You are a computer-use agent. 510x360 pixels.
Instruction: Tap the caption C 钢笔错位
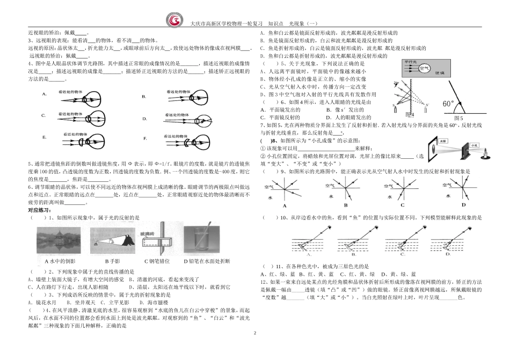click(154, 261)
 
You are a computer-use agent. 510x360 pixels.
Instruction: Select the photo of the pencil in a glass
click(203, 238)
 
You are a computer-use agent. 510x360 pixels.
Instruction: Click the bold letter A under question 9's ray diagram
click(285, 206)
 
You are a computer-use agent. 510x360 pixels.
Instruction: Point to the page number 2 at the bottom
click(255, 334)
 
